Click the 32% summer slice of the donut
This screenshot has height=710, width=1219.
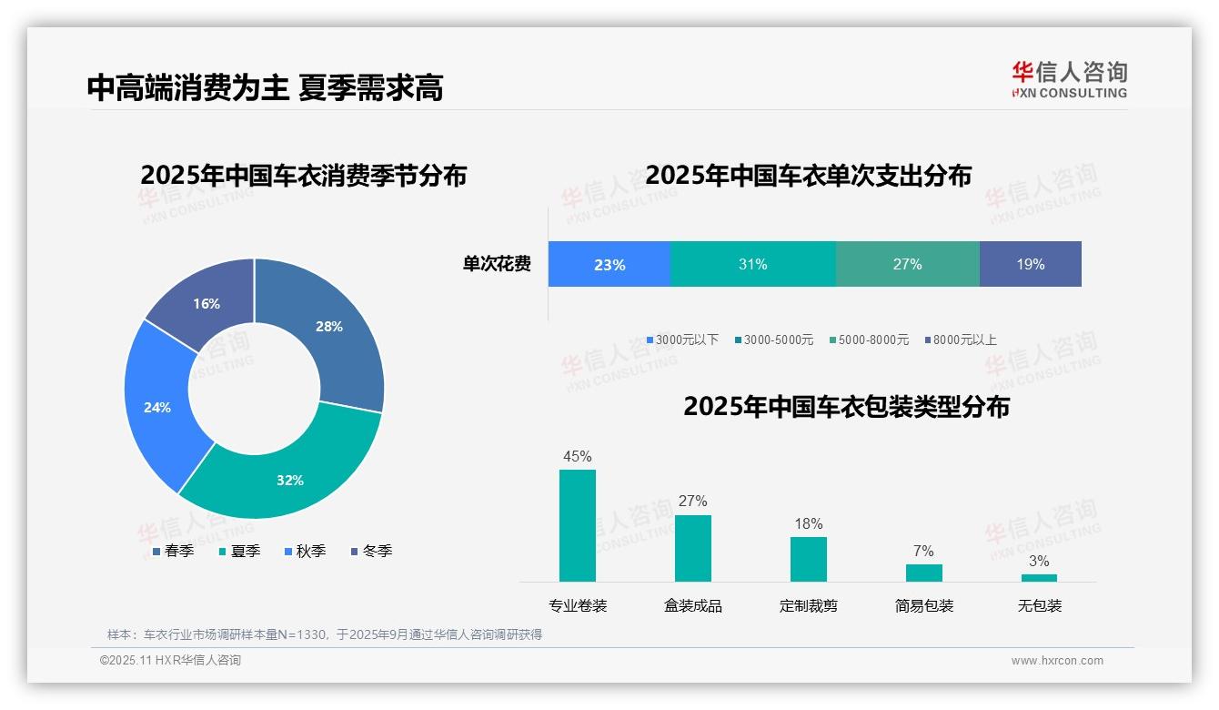point(290,478)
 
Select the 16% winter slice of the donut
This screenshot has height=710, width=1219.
point(207,303)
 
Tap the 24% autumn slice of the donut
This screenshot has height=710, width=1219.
point(157,407)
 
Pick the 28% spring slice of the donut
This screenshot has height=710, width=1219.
point(328,327)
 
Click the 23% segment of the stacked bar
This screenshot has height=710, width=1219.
point(609,265)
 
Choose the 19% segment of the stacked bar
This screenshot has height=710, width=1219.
point(1031,265)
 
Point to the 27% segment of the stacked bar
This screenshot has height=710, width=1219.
point(907,265)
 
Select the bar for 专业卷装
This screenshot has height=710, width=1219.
point(578,525)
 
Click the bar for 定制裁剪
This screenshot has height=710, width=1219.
point(809,559)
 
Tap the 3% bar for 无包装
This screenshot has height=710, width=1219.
point(1039,577)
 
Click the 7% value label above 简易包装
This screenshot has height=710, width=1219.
point(923,551)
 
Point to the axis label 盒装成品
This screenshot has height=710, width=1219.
point(693,606)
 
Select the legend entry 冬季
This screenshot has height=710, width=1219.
point(372,551)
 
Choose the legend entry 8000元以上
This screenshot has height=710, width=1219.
point(961,340)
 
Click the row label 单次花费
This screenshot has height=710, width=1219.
point(497,265)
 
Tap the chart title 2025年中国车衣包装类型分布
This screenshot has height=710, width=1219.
point(846,407)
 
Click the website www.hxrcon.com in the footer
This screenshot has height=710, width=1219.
point(1057,661)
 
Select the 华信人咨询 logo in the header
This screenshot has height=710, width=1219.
point(1070,79)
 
